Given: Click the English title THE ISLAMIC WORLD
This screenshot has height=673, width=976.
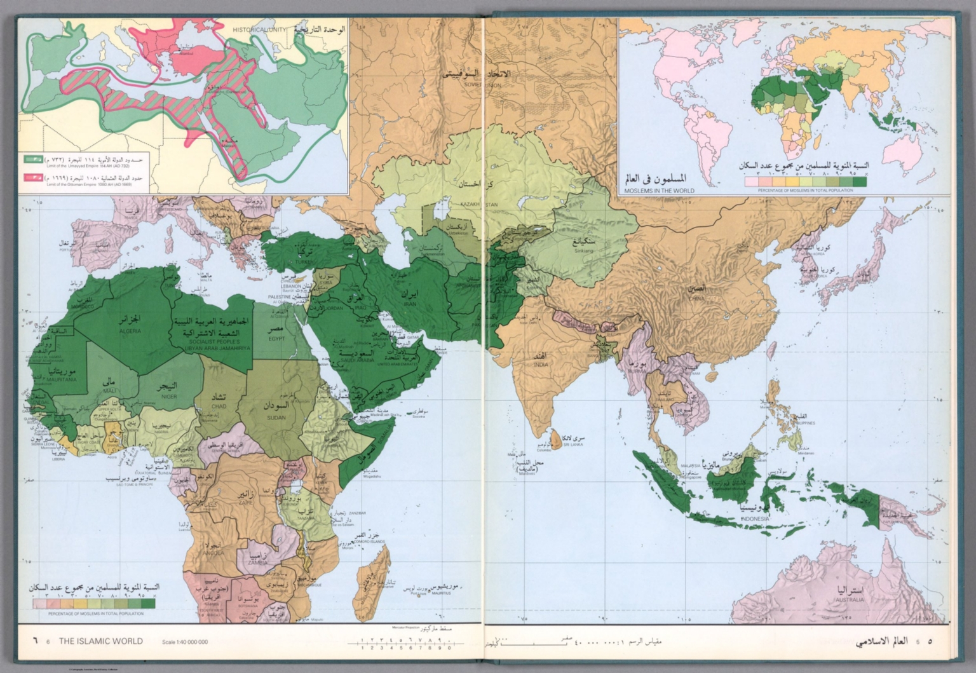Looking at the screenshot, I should (101, 641).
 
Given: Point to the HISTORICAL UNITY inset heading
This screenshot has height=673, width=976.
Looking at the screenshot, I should (258, 30).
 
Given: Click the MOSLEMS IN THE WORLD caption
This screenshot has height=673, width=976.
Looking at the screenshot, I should (659, 190).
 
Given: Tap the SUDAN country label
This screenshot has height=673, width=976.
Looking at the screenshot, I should (276, 418).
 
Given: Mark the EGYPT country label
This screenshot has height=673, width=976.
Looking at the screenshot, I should (275, 339).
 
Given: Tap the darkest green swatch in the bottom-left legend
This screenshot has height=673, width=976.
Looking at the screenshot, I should (147, 604).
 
